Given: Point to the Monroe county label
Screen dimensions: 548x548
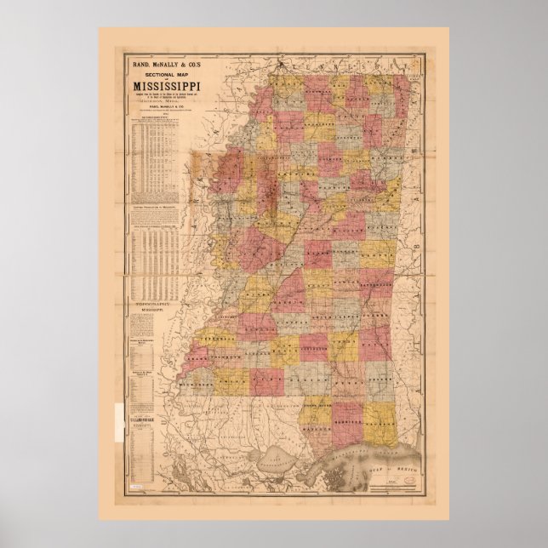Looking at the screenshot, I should [x=391, y=153].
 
